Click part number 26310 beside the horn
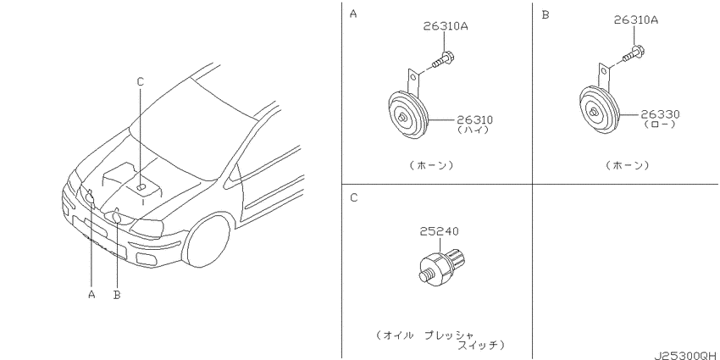pos(474,120)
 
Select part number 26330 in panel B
pos(661,114)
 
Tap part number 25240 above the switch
pos(439,231)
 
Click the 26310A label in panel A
pos(446,26)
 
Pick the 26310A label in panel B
pos(636,19)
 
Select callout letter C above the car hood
pos(141,81)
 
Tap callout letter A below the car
pos(91,294)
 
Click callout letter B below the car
pos(117,295)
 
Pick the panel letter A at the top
pos(353,14)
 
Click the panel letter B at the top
pos(545,14)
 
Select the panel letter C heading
pos(353,198)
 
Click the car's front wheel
pos(208,241)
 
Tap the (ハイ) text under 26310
pos(473,130)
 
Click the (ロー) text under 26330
pos(660,124)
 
